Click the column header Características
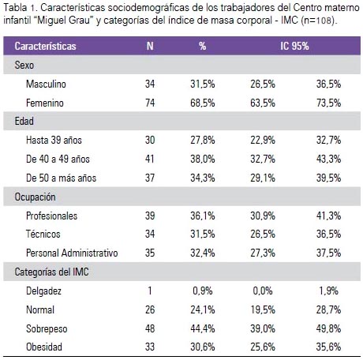(x=45, y=46)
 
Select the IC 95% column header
(x=294, y=46)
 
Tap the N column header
(x=150, y=46)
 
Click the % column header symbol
(x=202, y=46)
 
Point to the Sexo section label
(x=24, y=65)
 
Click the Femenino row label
(x=45, y=103)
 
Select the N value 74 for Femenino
(x=150, y=103)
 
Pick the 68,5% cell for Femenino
(x=203, y=103)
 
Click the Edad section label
(x=24, y=122)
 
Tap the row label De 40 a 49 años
(x=58, y=159)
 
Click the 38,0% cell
(x=203, y=159)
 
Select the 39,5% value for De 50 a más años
(x=328, y=178)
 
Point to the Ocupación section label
(x=35, y=197)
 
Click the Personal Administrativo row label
(x=72, y=253)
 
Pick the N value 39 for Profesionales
(x=150, y=216)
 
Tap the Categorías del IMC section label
(x=51, y=272)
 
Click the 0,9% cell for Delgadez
(x=203, y=291)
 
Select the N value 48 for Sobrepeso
(x=150, y=328)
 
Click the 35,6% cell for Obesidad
(x=328, y=347)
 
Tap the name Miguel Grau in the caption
(x=64, y=20)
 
